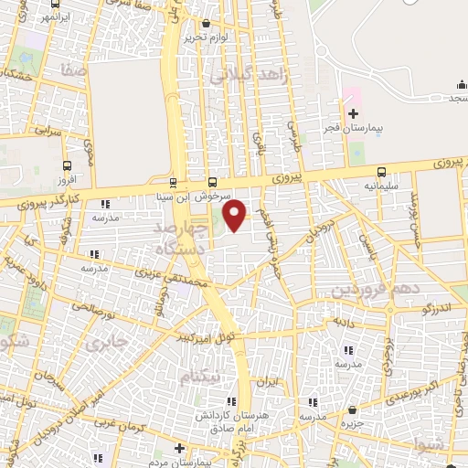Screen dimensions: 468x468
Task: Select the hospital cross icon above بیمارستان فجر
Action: coord(353,112)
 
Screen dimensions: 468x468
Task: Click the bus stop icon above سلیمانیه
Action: coord(380,172)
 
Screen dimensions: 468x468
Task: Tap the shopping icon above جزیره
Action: coord(353,410)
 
